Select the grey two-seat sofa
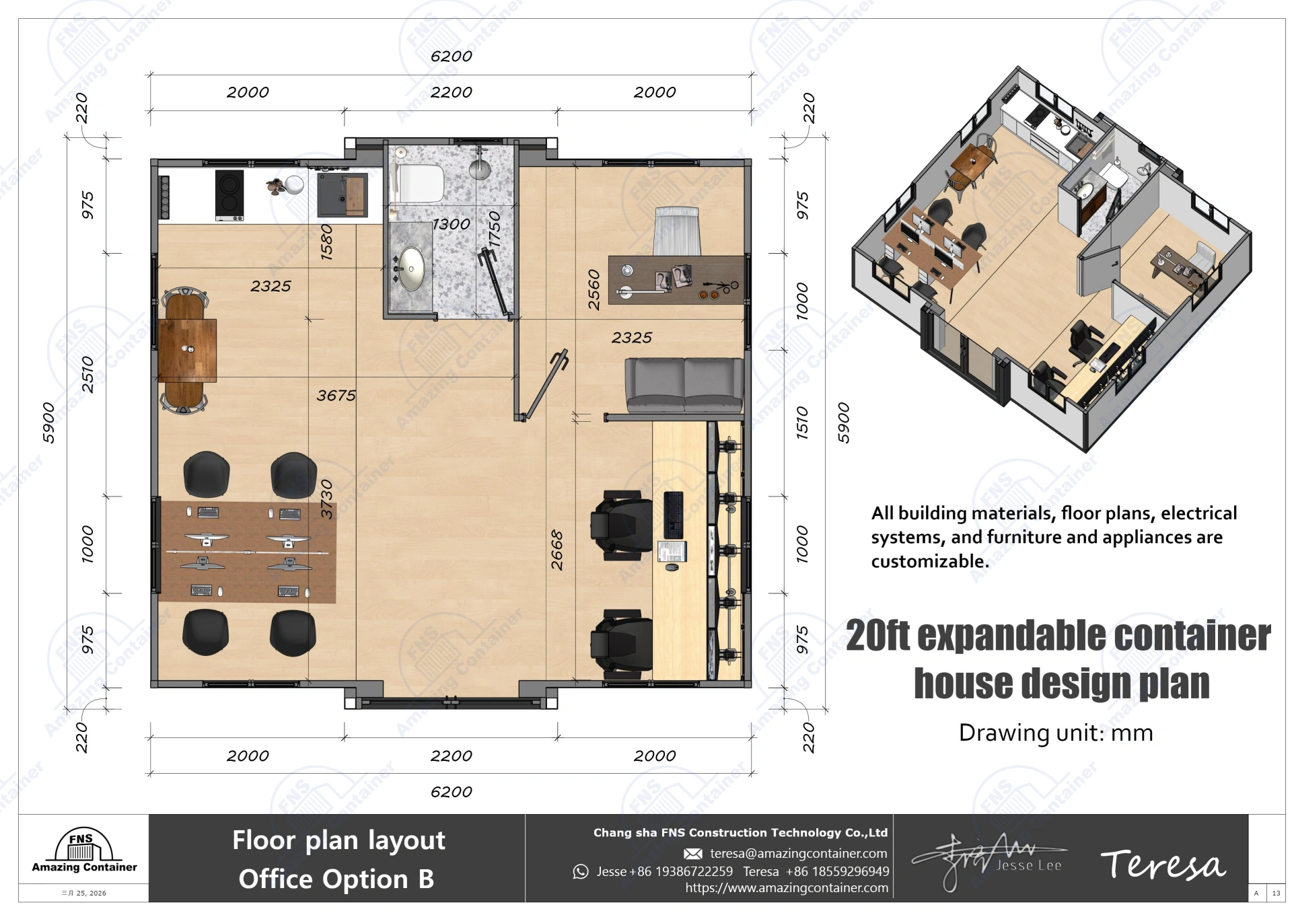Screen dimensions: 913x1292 coord(684,385)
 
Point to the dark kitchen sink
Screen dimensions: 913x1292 coord(343,195)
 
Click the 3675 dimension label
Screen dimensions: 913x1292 coord(336,396)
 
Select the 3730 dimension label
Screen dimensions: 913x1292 coord(326,499)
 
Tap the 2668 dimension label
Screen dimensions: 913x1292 coord(557,550)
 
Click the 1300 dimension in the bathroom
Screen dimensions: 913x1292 coord(451,224)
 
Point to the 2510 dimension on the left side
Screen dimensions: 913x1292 coord(87,375)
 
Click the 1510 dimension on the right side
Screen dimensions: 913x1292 coord(802,423)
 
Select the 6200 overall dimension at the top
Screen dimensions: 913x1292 coord(451,57)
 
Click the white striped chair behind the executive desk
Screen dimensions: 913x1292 coord(677,231)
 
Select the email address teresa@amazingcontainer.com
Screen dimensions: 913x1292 coord(798,854)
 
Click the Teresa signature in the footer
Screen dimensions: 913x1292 coord(1162,865)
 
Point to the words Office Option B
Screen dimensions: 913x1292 coord(336,879)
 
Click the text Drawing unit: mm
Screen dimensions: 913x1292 coord(1055,733)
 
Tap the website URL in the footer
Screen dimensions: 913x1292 coord(786,888)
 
